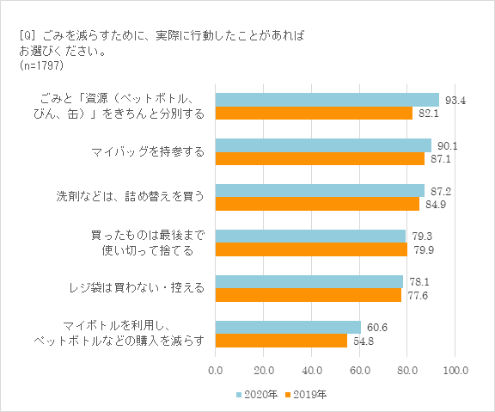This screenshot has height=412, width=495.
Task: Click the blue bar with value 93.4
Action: coord(327,100)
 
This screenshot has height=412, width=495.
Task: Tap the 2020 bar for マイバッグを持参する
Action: coord(322,145)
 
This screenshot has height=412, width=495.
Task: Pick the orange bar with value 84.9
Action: coord(316,205)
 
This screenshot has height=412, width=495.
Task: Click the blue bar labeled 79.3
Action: coord(309,236)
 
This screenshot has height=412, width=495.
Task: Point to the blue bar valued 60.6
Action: coord(287,327)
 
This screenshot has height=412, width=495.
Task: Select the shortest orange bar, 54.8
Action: coord(280,341)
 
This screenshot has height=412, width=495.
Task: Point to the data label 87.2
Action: coord(441,191)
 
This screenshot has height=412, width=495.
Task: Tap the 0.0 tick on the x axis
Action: coord(215,370)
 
